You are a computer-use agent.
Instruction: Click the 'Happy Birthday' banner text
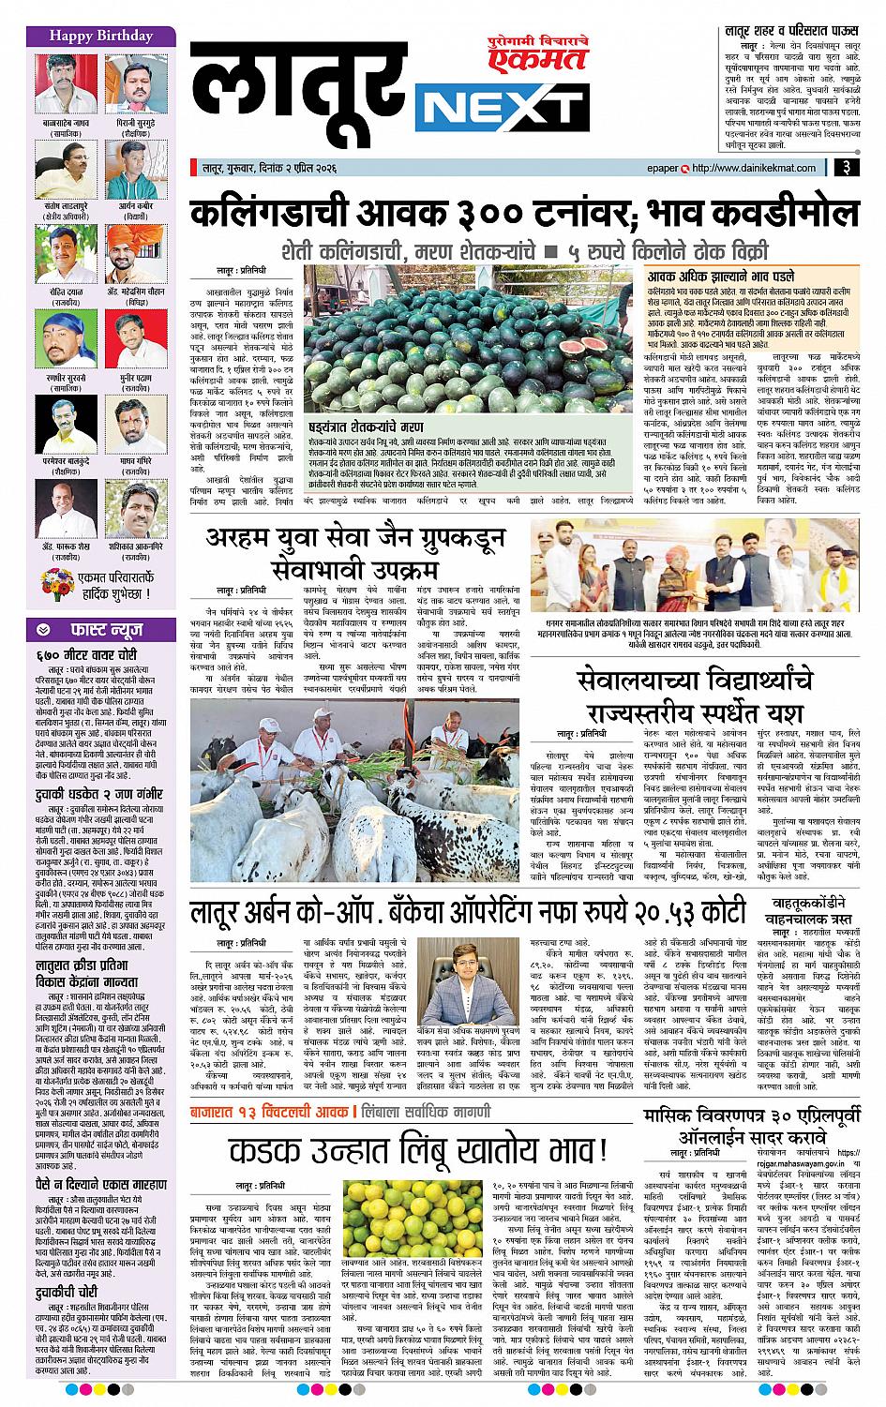pos(88,37)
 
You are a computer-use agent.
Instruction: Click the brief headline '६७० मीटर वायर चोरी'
pos(89,655)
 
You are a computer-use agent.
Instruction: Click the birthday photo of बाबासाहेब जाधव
pos(59,79)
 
